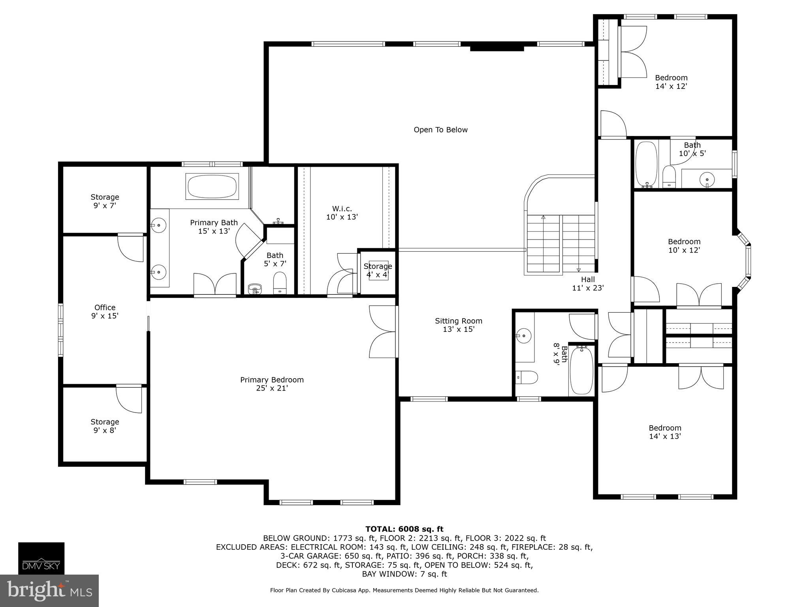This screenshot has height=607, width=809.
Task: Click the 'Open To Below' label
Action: pos(440,130)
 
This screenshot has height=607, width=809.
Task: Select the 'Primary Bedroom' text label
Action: pos(272,380)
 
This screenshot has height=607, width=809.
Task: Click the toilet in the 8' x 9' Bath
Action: pos(527,377)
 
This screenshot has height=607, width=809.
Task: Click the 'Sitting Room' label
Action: pos(458,321)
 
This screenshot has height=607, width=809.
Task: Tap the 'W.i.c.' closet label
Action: pos(342,209)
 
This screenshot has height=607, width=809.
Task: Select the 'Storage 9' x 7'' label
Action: pos(105,201)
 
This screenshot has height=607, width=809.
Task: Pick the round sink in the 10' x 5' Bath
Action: pos(707,180)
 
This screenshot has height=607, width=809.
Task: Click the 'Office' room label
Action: pos(105,307)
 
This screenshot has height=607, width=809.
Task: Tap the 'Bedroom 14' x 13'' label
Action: pos(665,432)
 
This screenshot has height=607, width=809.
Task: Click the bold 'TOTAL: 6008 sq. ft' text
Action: pos(404,529)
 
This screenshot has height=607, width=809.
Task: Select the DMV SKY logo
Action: pos(41,558)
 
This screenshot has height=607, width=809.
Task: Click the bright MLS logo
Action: pos(49,591)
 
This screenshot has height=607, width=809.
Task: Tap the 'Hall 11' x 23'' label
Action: pos(588,284)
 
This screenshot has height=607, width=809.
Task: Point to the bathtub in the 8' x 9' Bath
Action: pos(581,371)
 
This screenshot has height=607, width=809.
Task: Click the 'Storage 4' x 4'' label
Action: pos(378,270)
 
